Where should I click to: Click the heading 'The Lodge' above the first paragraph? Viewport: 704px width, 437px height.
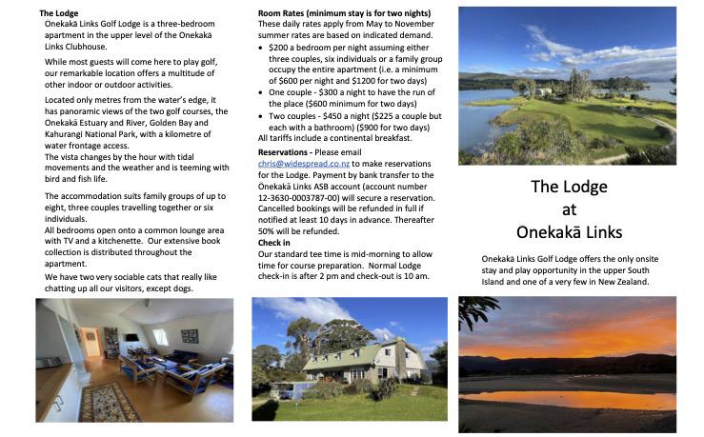[59, 12]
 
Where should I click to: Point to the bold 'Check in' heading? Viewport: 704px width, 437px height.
[274, 243]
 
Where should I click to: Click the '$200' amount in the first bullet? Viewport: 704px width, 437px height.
[280, 46]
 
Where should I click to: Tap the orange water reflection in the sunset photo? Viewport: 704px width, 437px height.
[568, 399]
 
